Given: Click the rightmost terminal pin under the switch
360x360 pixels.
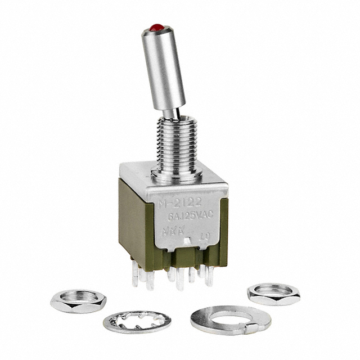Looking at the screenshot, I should tap(209, 277).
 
